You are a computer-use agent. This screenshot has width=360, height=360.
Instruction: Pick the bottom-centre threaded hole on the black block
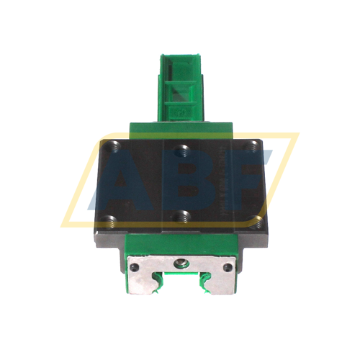[182, 215]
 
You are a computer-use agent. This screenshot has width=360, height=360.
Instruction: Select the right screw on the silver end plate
[228, 267]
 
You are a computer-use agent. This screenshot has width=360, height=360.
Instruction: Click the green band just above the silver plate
[182, 245]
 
